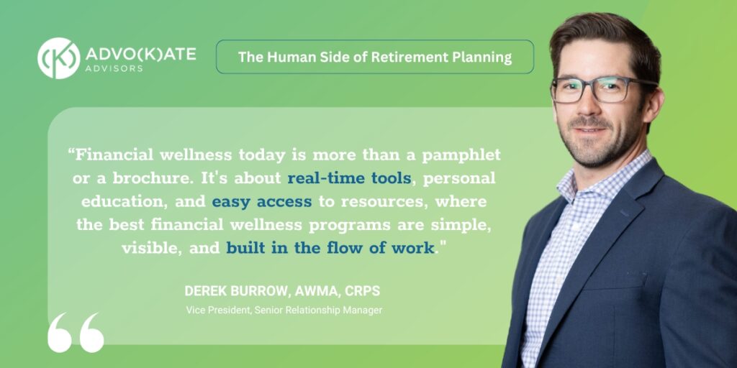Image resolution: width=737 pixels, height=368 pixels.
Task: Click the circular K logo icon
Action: pyautogui.click(x=59, y=58)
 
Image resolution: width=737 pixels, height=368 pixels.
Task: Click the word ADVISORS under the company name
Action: pyautogui.click(x=114, y=68)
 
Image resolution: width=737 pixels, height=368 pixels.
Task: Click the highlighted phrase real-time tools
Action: pyautogui.click(x=349, y=178)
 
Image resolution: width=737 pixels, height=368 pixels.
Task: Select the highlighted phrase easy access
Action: pyautogui.click(x=262, y=202)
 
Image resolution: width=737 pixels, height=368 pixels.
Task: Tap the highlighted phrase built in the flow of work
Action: pyautogui.click(x=330, y=248)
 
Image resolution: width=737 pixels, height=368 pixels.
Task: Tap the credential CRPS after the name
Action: pyautogui.click(x=363, y=291)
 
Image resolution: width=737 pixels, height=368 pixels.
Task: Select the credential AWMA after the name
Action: pyautogui.click(x=317, y=291)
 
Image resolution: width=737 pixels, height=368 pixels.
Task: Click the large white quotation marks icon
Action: pyautogui.click(x=76, y=333)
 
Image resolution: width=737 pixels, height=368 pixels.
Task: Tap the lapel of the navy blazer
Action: pyautogui.click(x=611, y=221)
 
